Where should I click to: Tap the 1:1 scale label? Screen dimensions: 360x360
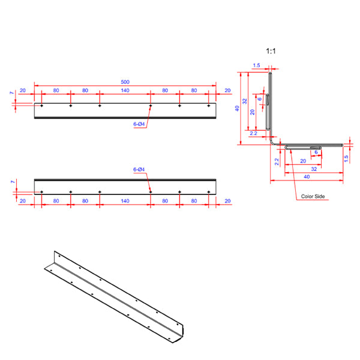(270, 52)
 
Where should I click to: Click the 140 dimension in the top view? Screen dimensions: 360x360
(125, 91)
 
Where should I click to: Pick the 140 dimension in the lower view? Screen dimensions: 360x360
(125, 201)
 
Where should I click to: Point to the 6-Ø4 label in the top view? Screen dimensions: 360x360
(139, 124)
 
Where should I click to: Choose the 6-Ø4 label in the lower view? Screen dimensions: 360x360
(139, 170)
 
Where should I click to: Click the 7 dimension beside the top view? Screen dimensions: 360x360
(11, 94)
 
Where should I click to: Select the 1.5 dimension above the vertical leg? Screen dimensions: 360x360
(257, 65)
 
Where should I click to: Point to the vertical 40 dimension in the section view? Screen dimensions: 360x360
(238, 109)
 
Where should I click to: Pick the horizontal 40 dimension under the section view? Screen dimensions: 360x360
(307, 178)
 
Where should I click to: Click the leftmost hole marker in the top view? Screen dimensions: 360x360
(41, 106)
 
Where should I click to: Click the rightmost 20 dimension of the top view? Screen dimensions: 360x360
(227, 91)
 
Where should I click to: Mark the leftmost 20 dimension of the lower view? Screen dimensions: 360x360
(22, 201)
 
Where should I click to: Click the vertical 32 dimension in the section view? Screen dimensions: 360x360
(245, 101)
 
